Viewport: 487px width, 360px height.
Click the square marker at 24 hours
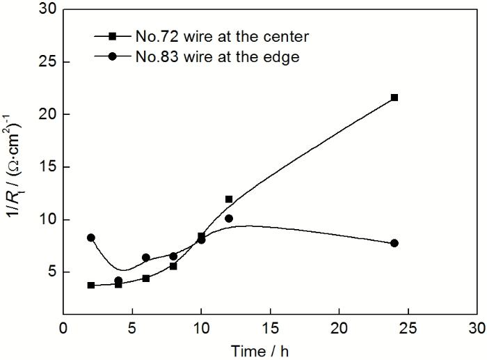click(x=394, y=97)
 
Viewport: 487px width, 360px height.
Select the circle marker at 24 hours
click(x=394, y=243)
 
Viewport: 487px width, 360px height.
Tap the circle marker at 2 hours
click(x=90, y=237)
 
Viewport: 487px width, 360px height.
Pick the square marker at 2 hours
click(x=90, y=285)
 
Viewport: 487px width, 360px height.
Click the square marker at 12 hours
click(x=229, y=199)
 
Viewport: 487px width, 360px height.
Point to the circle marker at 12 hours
click(x=229, y=218)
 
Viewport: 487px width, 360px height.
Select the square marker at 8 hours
click(x=173, y=266)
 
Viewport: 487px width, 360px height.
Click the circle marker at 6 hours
click(x=145, y=258)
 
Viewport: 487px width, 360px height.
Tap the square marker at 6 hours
click(x=146, y=279)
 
